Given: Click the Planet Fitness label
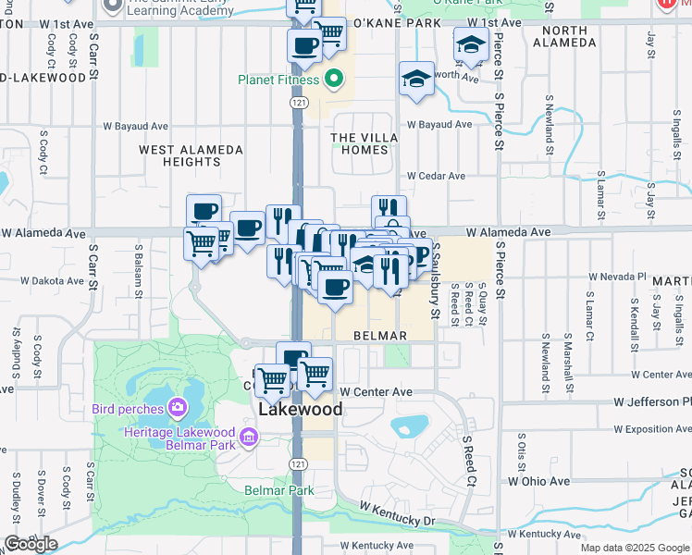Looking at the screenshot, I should point(278,79).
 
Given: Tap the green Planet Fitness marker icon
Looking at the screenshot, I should point(336,79).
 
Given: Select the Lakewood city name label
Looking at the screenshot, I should point(300,409).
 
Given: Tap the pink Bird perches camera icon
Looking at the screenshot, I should point(178,407).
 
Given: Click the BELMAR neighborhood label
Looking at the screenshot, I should point(380,335).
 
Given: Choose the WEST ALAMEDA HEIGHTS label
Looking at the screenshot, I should point(191,155).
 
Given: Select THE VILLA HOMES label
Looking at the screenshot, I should point(365,144).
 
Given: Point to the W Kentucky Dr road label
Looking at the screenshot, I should point(397,514).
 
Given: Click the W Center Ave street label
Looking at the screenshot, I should point(376,392).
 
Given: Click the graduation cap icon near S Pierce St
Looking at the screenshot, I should point(471,44).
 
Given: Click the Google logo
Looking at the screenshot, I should point(31,544).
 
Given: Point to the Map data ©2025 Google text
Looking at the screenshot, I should point(635,549).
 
